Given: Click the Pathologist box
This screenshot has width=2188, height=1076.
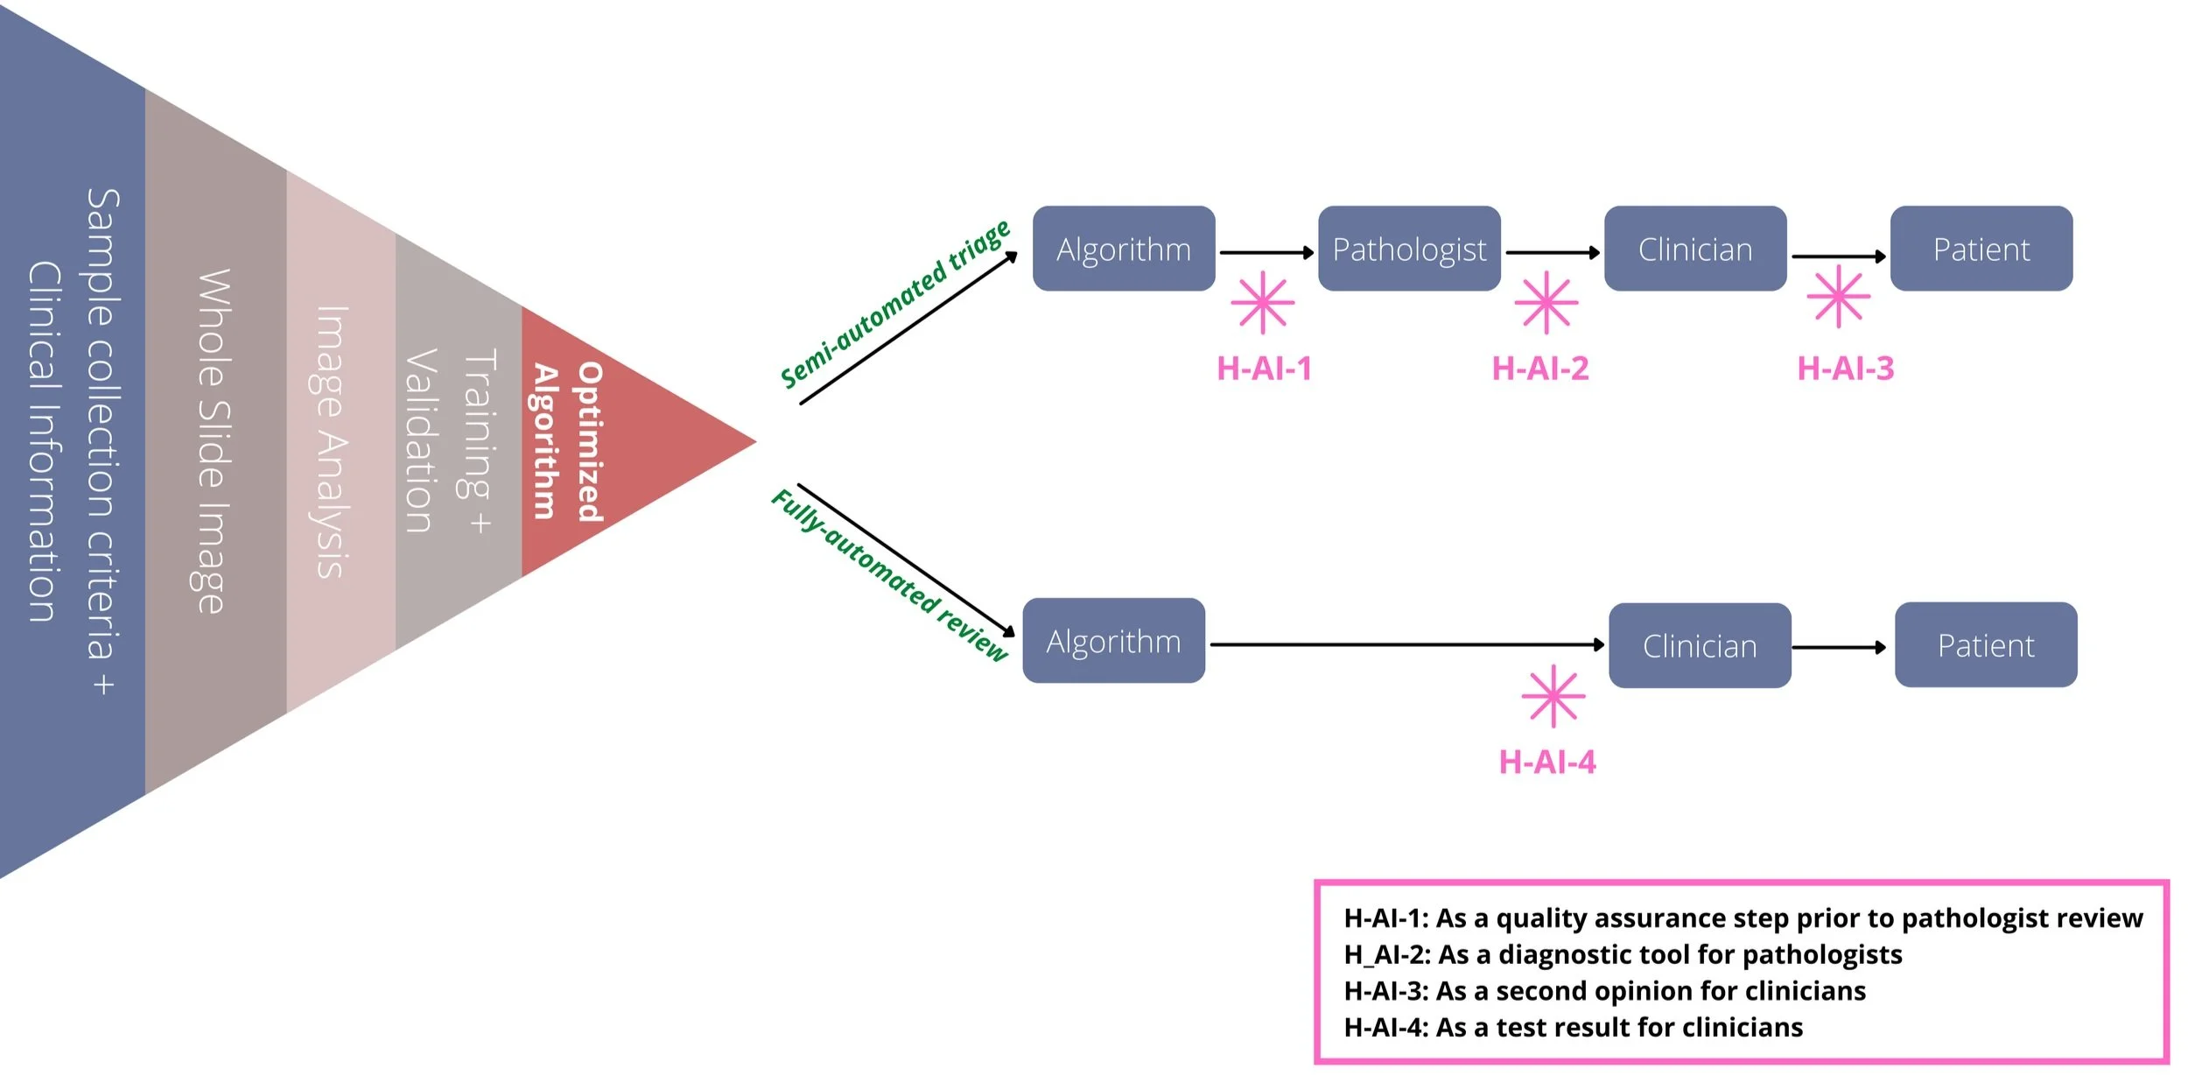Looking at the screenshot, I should click(x=1409, y=250).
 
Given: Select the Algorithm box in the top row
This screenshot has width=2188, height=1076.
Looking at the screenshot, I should click(x=1124, y=250).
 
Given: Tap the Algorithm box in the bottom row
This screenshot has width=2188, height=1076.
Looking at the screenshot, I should click(x=1113, y=642).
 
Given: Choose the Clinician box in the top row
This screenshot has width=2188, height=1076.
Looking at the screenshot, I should click(x=1695, y=250).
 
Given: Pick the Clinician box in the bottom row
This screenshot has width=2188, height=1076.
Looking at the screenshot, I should click(x=1700, y=646).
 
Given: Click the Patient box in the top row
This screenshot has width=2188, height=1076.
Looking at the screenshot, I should click(x=1981, y=250).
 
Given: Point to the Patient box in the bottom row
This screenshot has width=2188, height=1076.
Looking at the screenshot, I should click(x=1986, y=645).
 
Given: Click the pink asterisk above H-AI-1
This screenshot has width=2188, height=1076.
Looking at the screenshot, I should click(x=1262, y=303).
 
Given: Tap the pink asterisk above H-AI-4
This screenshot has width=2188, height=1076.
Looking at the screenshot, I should click(x=1553, y=697).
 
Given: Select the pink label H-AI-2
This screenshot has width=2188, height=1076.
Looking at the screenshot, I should click(x=1540, y=369).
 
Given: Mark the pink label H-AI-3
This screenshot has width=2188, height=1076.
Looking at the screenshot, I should click(x=1845, y=369).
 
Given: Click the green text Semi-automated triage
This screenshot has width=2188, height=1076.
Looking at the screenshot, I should click(x=894, y=304).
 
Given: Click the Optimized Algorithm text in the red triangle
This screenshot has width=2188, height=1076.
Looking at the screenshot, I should click(x=567, y=442).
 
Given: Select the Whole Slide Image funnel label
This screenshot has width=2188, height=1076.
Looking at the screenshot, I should click(x=213, y=441).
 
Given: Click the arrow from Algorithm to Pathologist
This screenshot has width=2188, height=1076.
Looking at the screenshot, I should click(x=1266, y=253).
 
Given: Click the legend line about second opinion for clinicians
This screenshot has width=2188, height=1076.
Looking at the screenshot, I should click(x=1604, y=991).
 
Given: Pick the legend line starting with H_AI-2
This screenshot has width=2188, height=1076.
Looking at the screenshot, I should click(x=1623, y=954).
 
